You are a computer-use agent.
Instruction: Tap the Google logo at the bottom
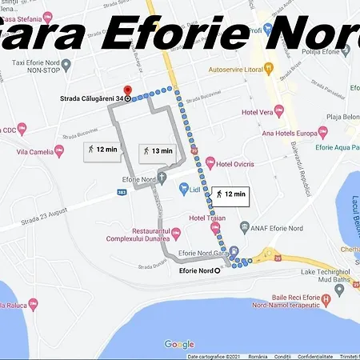click(x=179, y=344)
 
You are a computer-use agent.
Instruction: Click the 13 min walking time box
click(x=156, y=150)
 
